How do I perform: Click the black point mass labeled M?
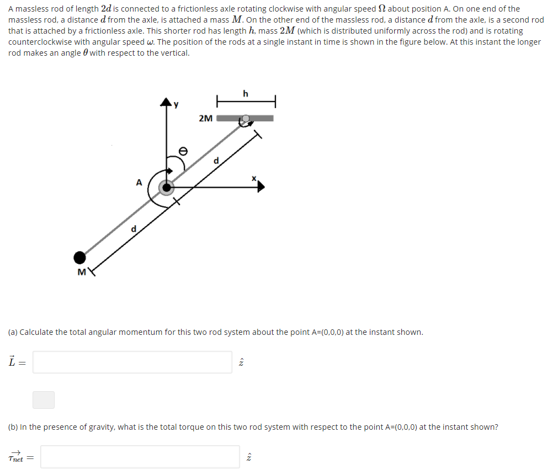[80, 257]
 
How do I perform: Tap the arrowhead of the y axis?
[166, 103]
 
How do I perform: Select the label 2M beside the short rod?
[205, 118]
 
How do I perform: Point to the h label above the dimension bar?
[245, 94]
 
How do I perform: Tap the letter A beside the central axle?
[139, 182]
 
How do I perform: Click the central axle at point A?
[166, 188]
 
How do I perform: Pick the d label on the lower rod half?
[132, 228]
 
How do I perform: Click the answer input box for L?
[132, 362]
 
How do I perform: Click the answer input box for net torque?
[140, 457]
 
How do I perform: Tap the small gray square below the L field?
[44, 399]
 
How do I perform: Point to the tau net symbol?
[17, 457]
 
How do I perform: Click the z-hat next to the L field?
[241, 362]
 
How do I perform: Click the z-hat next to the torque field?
[248, 457]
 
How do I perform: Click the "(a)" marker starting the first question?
[13, 332]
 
